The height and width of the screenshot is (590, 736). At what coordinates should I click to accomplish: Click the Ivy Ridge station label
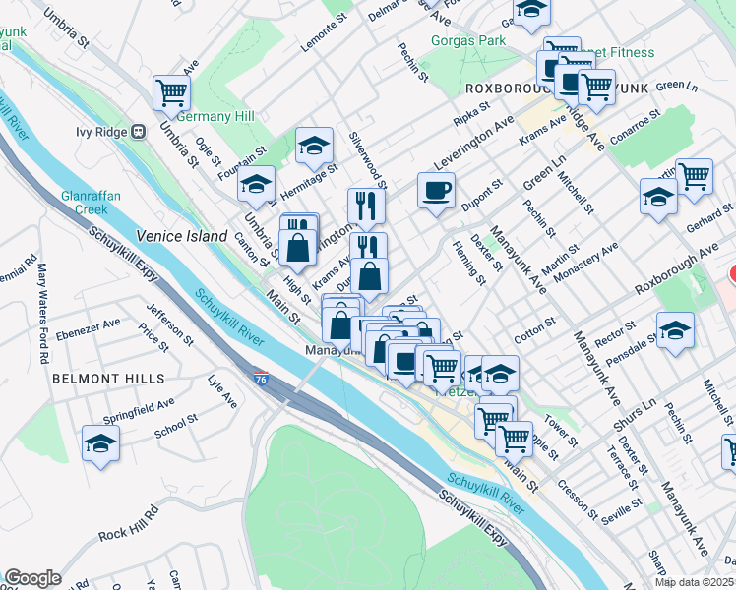(103, 131)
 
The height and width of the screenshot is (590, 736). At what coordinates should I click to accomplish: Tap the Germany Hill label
(215, 116)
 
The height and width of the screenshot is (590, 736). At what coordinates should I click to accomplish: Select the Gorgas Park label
(467, 40)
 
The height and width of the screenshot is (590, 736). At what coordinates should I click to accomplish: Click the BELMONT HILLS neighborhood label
(107, 378)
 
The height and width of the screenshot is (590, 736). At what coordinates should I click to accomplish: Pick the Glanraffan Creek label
(91, 202)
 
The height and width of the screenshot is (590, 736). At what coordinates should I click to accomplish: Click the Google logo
(32, 577)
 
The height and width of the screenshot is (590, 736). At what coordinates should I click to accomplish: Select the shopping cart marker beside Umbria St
(171, 94)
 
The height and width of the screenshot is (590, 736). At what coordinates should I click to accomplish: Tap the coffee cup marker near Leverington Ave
(436, 190)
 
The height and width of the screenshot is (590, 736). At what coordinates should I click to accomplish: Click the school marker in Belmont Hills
(100, 443)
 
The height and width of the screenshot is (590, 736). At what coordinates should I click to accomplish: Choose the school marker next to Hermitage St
(313, 146)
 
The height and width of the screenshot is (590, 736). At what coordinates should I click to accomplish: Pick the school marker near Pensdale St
(675, 330)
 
